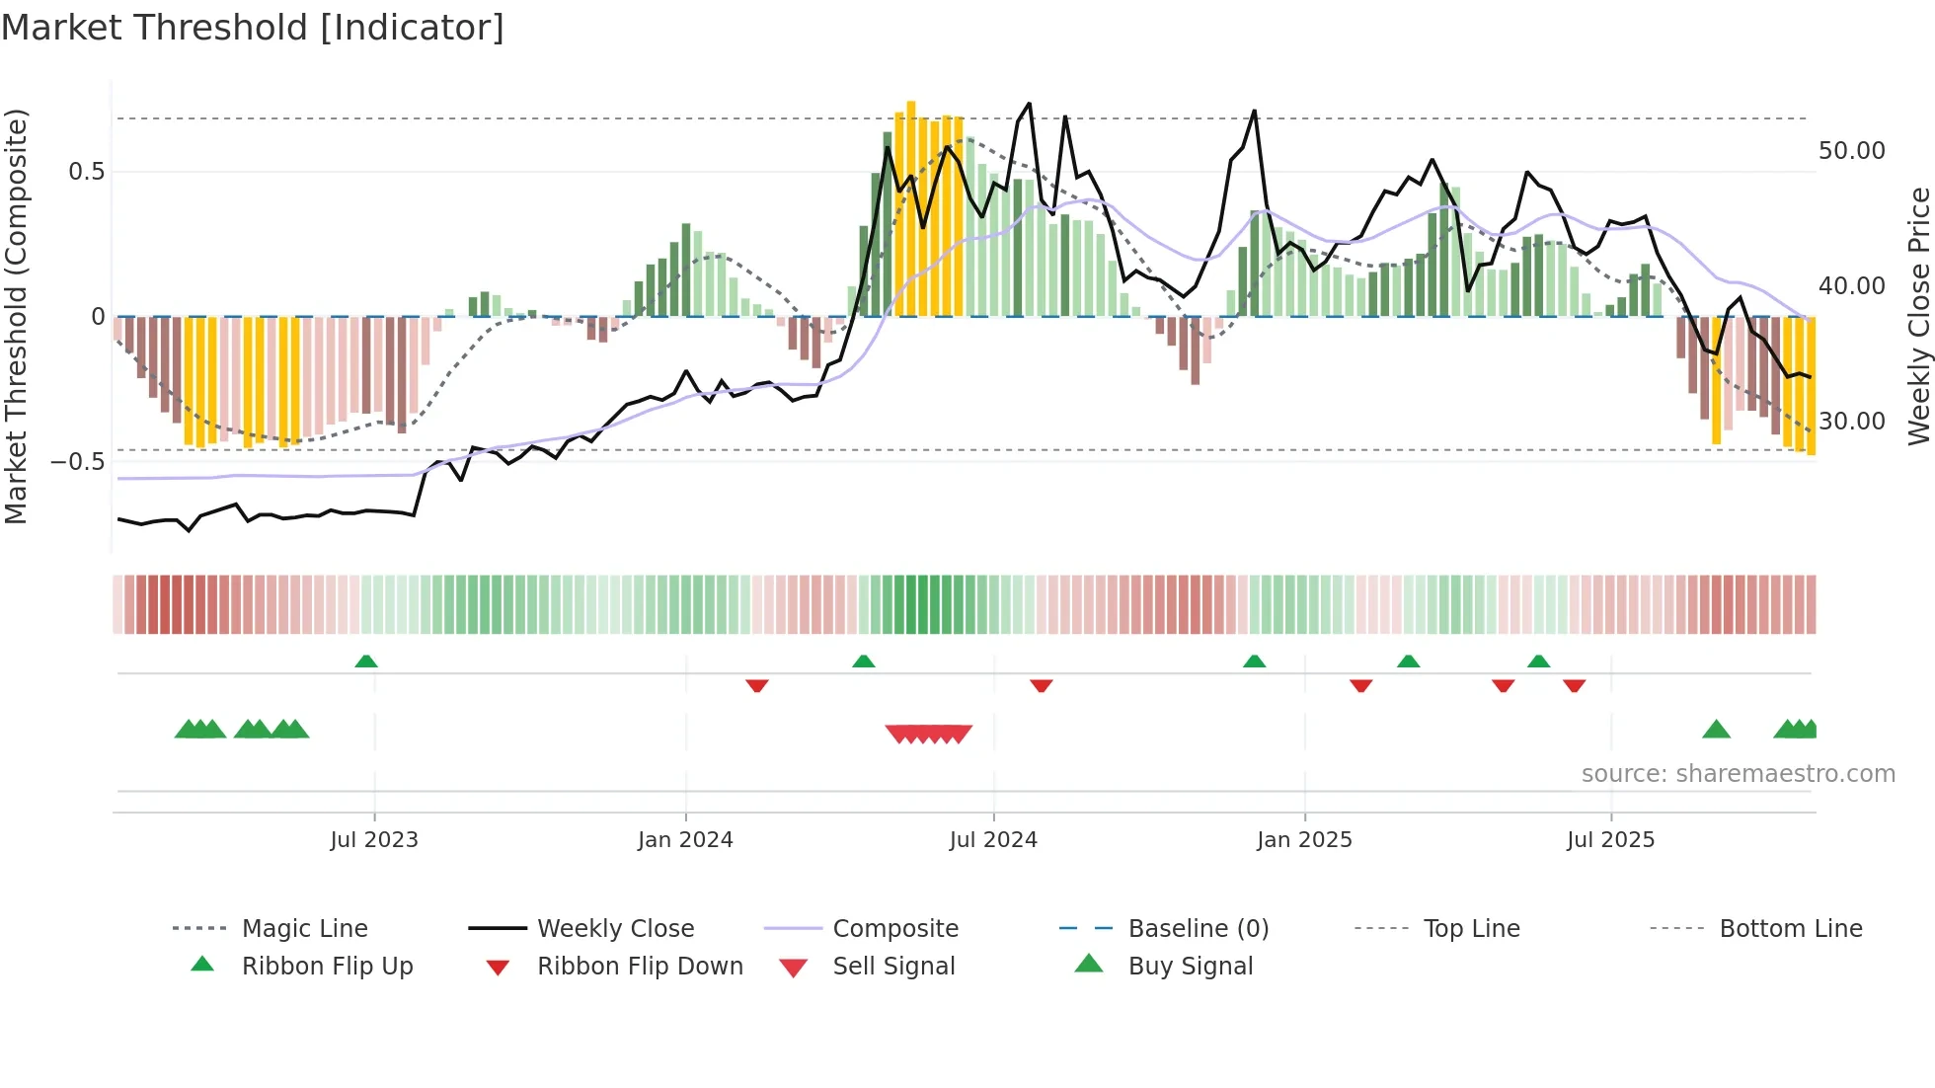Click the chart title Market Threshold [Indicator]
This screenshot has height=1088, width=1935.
click(x=253, y=28)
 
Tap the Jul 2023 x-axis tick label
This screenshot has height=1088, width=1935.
click(x=374, y=840)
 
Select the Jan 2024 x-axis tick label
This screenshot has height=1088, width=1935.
click(x=685, y=840)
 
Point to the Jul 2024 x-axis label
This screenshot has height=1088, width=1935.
click(x=993, y=840)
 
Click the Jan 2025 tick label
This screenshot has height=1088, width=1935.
click(x=1304, y=840)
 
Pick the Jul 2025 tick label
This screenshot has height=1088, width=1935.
click(x=1610, y=840)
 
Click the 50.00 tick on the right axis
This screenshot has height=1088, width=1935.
click(x=1851, y=151)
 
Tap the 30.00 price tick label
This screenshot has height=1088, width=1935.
click(x=1851, y=422)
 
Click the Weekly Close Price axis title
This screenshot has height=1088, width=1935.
click(x=1918, y=316)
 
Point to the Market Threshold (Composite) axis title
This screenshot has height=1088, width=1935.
click(x=16, y=316)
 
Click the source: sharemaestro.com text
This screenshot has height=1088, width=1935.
click(x=1738, y=774)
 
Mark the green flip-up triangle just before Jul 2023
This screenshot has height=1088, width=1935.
click(x=366, y=661)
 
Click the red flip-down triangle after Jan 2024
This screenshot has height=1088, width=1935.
click(x=757, y=685)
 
